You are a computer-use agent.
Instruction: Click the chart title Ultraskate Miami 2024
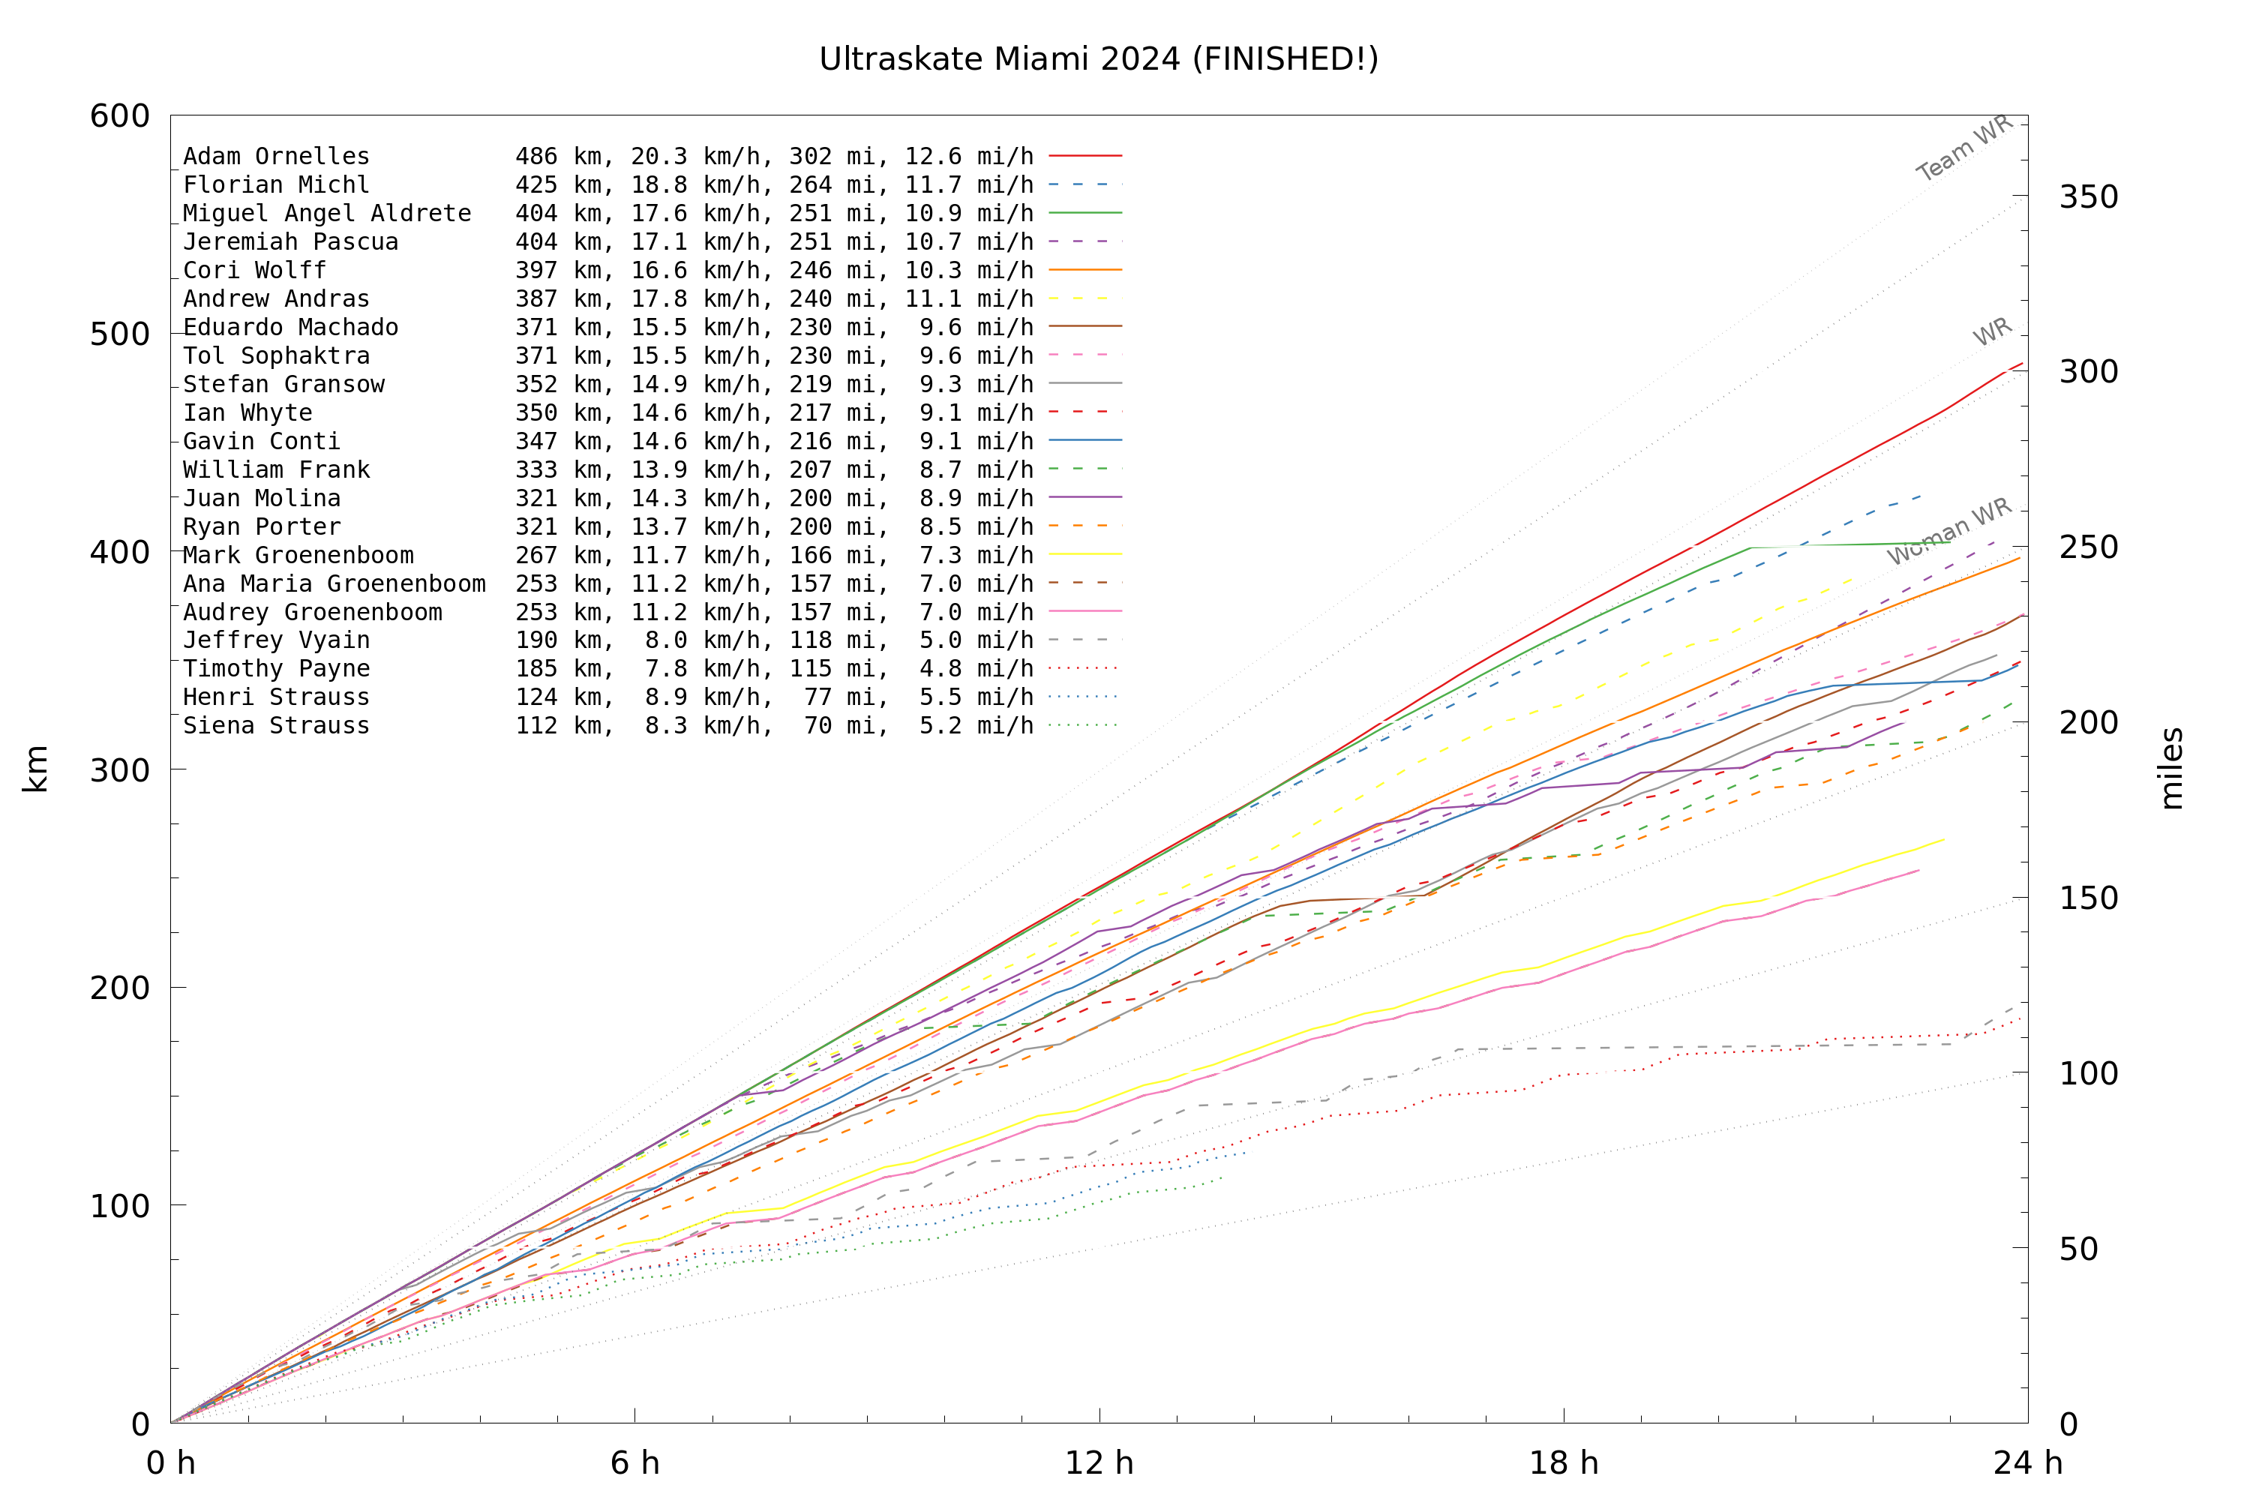point(1098,59)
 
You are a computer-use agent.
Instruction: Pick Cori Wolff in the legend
point(254,271)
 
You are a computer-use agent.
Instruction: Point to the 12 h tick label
point(1099,1462)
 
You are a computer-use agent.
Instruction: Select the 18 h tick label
point(1563,1462)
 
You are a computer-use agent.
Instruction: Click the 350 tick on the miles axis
point(2088,197)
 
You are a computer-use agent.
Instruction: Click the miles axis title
point(2171,768)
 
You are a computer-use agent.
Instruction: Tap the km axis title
point(35,768)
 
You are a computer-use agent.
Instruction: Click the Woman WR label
point(1949,531)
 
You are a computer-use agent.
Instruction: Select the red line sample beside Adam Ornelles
point(1084,155)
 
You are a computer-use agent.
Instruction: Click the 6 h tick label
point(634,1462)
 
